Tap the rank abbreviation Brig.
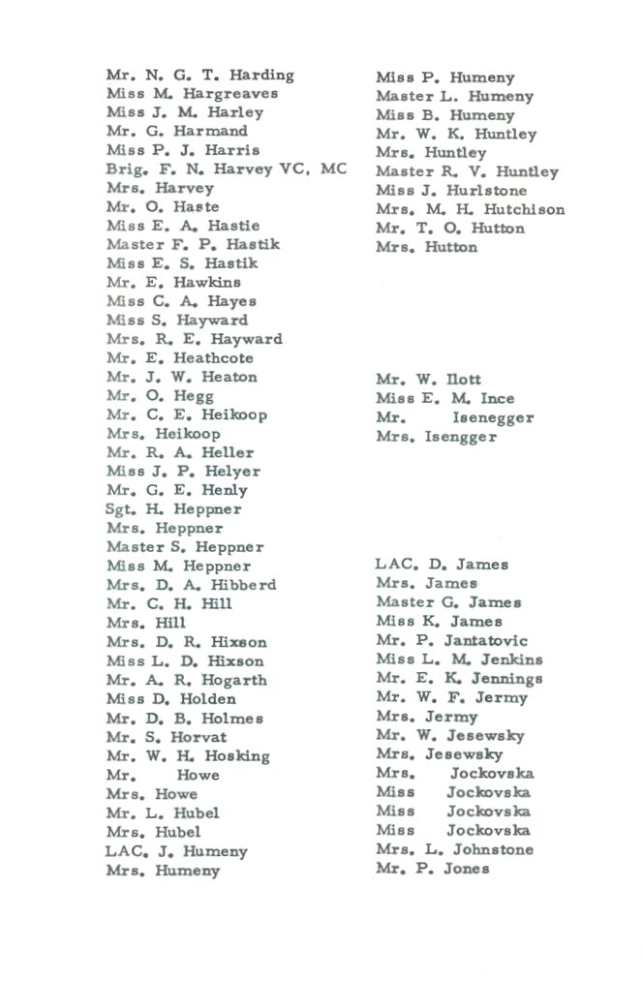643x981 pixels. pos(124,169)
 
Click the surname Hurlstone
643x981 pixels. pos(484,191)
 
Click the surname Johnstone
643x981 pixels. pos(492,849)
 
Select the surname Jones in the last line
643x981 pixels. pos(466,869)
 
